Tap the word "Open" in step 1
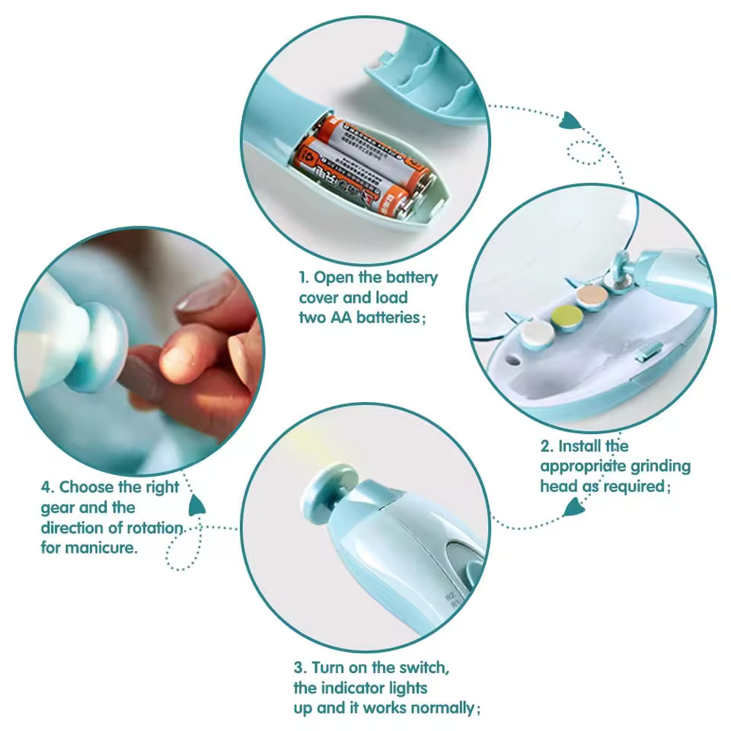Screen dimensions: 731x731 tap(333, 277)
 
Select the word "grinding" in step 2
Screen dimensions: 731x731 tap(660, 466)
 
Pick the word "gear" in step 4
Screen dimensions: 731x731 tap(58, 507)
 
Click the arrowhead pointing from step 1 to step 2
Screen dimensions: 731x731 tap(572, 120)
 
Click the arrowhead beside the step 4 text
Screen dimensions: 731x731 tap(197, 503)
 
